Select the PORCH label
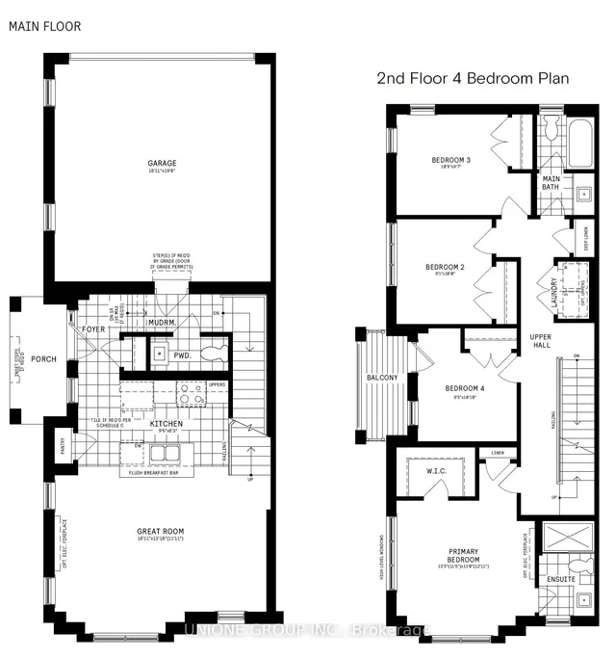(43, 359)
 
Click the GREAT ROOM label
(161, 531)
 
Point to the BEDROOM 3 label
(450, 160)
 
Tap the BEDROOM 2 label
(445, 267)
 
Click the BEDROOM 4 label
(464, 389)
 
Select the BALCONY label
(382, 378)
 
